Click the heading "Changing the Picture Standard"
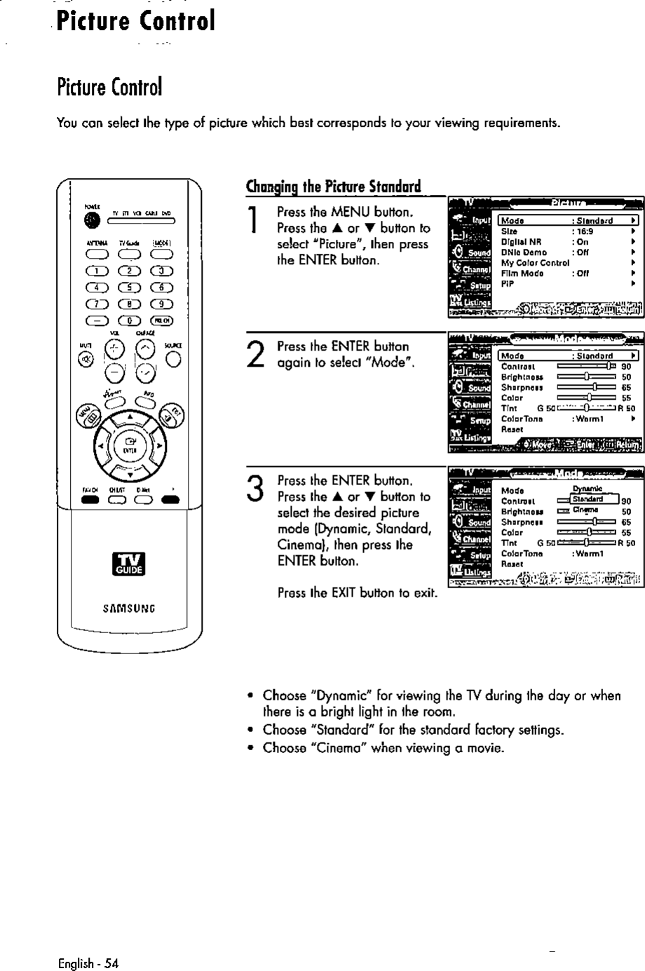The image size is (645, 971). coord(332,187)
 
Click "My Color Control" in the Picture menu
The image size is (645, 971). coord(535,263)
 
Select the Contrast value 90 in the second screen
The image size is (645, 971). coord(627,366)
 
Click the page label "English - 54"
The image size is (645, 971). coord(89,962)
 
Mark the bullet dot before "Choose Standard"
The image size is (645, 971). coord(250,731)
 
